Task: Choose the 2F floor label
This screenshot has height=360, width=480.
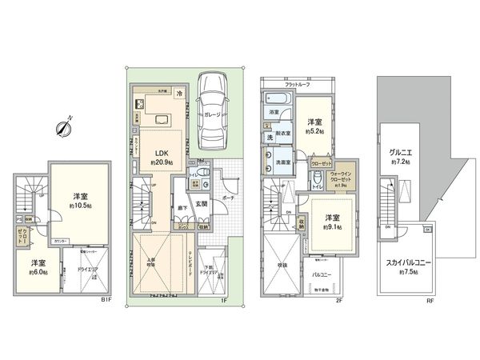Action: pos(338,300)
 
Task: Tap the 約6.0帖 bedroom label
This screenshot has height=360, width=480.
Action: pos(38,267)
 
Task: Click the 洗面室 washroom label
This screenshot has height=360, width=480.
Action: pos(282,160)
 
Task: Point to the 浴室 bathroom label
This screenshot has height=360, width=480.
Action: pos(274,113)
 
